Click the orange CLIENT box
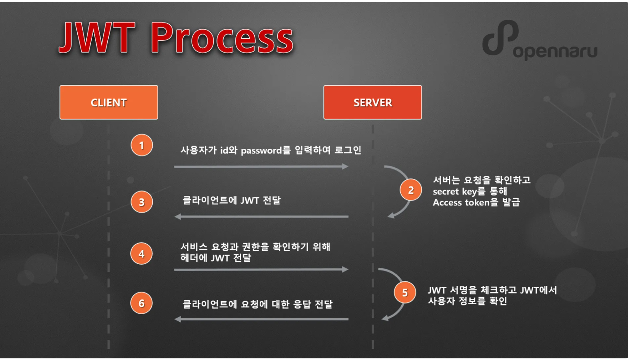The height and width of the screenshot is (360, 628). (109, 102)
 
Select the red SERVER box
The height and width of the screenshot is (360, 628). (372, 102)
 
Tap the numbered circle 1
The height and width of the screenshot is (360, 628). (142, 145)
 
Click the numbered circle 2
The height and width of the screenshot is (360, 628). (411, 190)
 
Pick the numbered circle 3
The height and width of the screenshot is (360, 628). (142, 202)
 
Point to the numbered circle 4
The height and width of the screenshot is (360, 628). (142, 253)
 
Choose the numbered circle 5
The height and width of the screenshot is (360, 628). (405, 293)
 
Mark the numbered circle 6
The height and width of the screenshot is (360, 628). (142, 303)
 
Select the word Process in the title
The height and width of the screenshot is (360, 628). (222, 38)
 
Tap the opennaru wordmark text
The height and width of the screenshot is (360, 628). (555, 51)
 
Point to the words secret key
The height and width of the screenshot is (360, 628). (455, 191)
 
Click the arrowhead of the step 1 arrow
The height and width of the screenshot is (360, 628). (345, 166)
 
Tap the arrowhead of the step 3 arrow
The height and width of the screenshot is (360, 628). (178, 217)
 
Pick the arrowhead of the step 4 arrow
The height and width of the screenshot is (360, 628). (345, 269)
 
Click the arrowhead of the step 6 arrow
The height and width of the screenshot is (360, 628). (178, 319)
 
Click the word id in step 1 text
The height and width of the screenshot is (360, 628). (224, 150)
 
